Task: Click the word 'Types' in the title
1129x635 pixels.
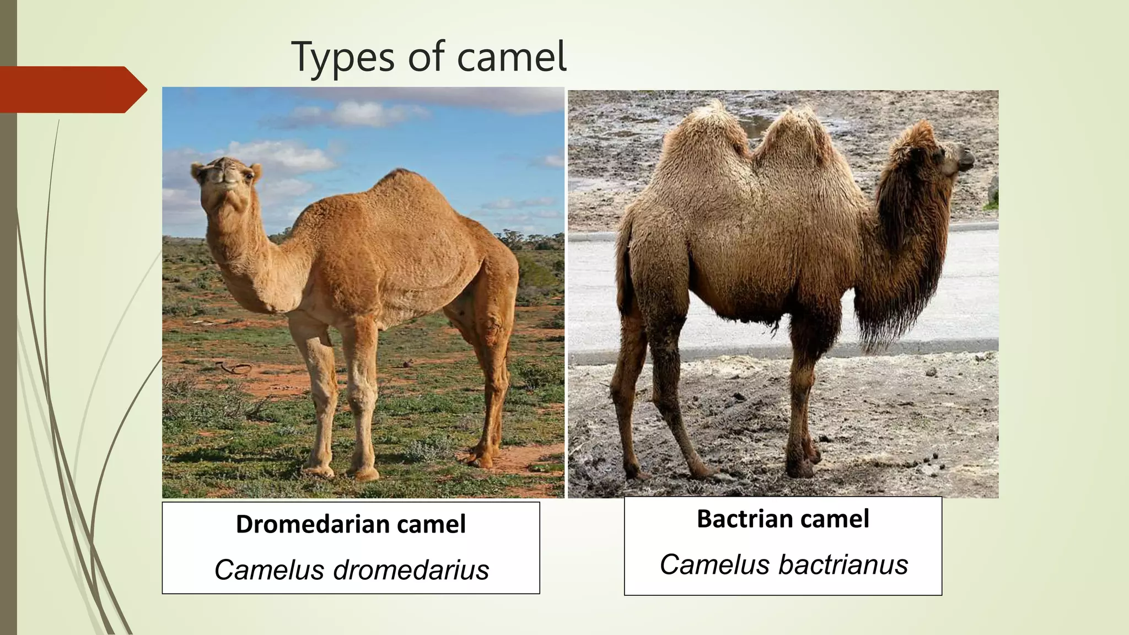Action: tap(342, 57)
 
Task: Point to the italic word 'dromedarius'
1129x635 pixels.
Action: tap(411, 570)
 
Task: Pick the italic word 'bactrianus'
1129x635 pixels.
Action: tap(843, 565)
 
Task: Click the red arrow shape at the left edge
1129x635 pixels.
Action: tap(72, 89)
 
